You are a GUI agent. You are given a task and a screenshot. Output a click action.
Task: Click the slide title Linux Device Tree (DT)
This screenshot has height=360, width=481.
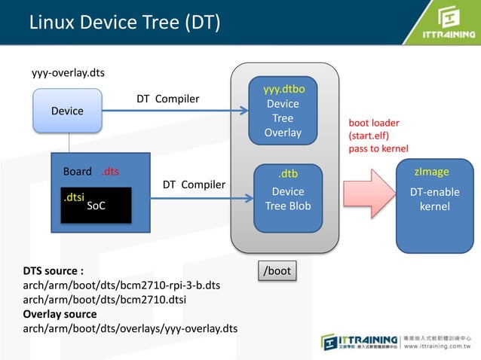pos(124,23)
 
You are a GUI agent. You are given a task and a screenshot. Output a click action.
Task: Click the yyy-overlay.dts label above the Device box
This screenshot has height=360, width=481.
pos(68,73)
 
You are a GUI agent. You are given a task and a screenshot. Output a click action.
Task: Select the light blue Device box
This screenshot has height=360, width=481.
pos(67,111)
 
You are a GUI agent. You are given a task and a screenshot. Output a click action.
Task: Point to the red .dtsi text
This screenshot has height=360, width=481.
pos(73,197)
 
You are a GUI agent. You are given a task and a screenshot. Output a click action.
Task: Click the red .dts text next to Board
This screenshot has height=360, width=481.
pos(110,171)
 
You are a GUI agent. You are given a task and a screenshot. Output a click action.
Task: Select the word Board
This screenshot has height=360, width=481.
pos(77,171)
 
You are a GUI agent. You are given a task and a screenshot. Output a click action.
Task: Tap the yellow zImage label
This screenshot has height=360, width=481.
pos(431,172)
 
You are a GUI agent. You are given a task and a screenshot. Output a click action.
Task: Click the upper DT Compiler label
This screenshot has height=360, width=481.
pos(167,99)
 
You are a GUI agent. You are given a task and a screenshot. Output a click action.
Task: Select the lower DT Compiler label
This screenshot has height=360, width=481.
pos(194,185)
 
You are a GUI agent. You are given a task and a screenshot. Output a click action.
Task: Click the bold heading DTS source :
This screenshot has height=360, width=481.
pos(54,270)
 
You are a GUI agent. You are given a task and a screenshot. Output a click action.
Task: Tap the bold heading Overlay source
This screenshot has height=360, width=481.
pos(60,314)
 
